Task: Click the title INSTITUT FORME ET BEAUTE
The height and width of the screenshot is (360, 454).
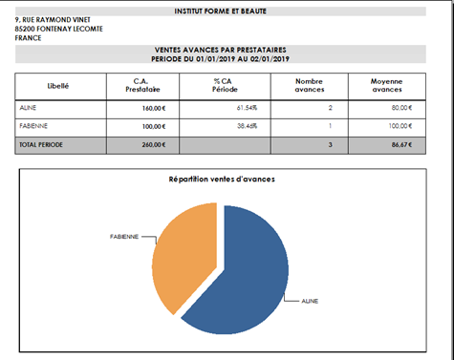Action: [x=220, y=11]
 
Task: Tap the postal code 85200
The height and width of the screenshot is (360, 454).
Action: [x=25, y=29]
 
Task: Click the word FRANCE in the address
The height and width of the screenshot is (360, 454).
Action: [x=28, y=38]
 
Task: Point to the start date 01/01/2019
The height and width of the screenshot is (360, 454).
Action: [x=216, y=59]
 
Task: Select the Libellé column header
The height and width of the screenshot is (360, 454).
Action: [x=58, y=86]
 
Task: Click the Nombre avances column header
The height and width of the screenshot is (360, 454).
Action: [x=310, y=85]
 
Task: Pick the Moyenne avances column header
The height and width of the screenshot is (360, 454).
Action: [x=387, y=85]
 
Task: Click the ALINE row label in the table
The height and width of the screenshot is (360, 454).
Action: [x=28, y=108]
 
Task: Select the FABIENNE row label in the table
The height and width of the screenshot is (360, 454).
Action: [x=33, y=126]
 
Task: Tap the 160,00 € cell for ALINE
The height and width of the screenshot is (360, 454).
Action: [x=154, y=108]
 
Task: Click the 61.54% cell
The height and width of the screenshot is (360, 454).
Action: [x=247, y=108]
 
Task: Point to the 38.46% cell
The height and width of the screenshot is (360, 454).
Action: [x=247, y=126]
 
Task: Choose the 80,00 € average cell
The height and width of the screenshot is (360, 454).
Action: [x=401, y=108]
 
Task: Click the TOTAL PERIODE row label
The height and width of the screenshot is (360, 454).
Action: [x=41, y=145]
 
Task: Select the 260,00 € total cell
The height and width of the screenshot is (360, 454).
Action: [x=154, y=145]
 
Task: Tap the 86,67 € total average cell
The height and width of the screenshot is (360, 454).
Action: [x=401, y=145]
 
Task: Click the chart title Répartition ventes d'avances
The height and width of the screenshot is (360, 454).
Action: [x=222, y=180]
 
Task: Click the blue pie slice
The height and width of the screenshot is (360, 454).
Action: [x=246, y=280]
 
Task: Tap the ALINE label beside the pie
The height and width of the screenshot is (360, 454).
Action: [x=310, y=301]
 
